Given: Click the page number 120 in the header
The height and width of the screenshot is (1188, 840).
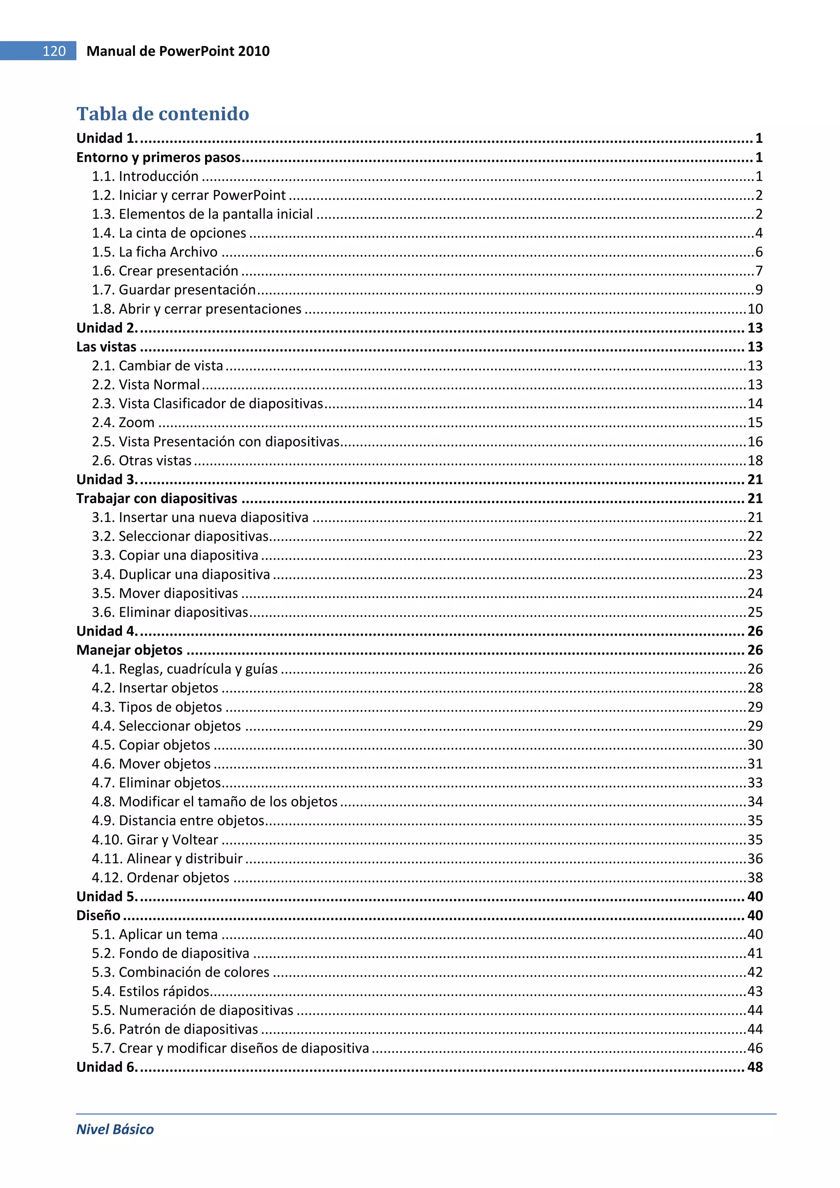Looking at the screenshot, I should (x=54, y=51).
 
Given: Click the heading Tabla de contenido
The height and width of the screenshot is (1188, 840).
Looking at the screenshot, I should (x=162, y=114).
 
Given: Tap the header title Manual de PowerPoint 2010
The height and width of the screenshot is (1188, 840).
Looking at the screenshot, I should (x=178, y=51).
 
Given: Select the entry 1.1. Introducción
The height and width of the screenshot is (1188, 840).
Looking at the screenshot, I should (x=145, y=176).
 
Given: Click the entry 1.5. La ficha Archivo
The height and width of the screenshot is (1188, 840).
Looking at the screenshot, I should (x=155, y=252).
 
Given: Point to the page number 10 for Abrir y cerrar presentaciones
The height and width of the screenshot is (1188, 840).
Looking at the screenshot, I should (x=755, y=309).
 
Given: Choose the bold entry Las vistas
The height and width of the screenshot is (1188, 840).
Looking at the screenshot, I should (x=107, y=347).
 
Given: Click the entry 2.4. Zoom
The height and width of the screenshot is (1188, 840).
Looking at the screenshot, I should (x=123, y=423).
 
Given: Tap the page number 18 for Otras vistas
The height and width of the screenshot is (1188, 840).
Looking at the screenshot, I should (x=755, y=460).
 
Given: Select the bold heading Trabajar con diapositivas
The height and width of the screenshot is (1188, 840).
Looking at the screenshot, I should (x=157, y=498).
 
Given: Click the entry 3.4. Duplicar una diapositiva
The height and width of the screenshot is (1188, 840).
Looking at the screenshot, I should (x=181, y=575).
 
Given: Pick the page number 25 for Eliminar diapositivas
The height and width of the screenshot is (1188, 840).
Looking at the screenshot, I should (x=755, y=612).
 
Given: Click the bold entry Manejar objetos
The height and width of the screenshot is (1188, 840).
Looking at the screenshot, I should (x=129, y=650).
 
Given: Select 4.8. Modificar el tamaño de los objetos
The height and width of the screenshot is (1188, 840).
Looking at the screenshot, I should (x=215, y=801).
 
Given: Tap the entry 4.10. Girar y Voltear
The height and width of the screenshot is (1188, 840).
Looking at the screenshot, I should (x=155, y=839).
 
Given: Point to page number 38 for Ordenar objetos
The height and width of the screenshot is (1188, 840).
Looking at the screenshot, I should (x=755, y=877).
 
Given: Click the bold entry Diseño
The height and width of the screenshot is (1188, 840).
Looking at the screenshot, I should (x=98, y=916).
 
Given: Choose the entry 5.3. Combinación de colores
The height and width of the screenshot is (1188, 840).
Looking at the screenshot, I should (x=180, y=972).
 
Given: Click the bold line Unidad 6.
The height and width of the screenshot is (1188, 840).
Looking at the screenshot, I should (x=107, y=1067).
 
